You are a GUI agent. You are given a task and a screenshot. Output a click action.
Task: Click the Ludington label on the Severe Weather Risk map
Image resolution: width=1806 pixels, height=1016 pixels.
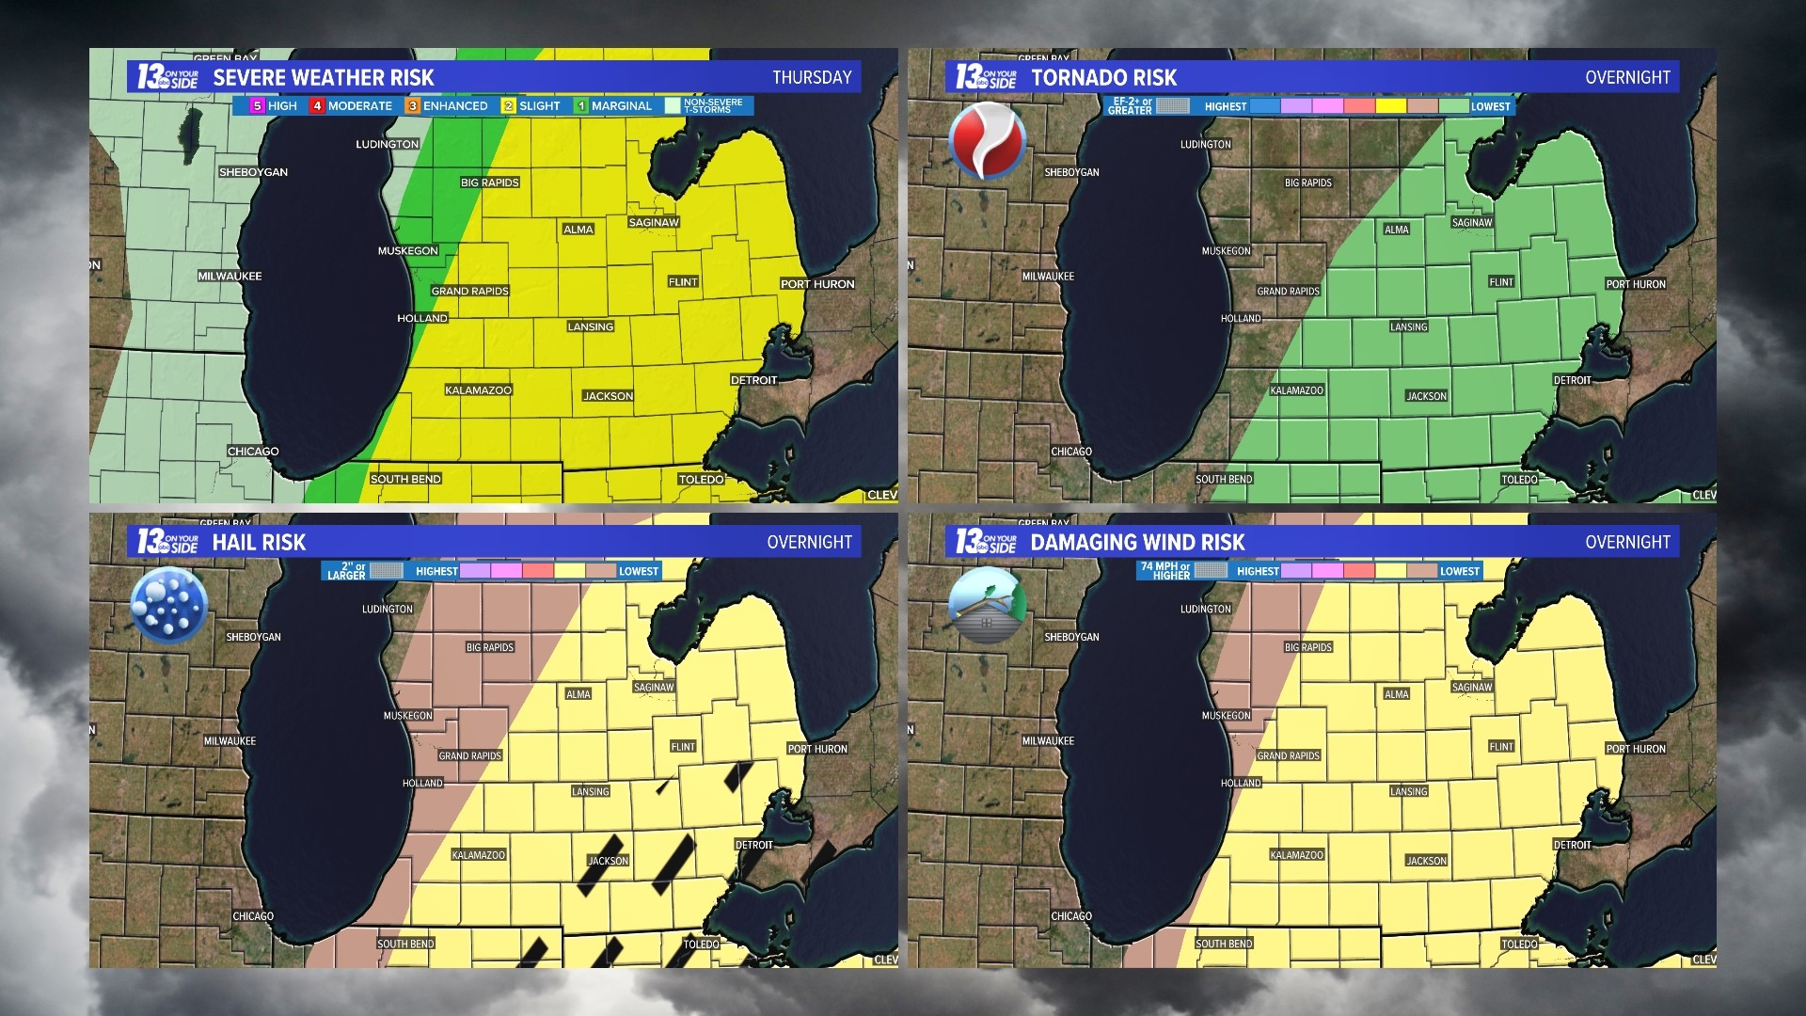click(x=387, y=144)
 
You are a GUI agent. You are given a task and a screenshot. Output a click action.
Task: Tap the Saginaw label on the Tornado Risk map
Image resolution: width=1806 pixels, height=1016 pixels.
click(x=1471, y=223)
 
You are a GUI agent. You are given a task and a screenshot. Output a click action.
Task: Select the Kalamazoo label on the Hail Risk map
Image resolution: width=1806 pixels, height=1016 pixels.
click(x=478, y=855)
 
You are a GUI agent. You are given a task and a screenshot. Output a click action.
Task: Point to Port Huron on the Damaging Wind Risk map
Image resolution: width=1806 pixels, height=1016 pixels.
click(x=1635, y=749)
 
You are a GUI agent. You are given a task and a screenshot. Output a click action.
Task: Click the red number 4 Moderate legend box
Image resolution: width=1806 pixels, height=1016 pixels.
click(x=318, y=106)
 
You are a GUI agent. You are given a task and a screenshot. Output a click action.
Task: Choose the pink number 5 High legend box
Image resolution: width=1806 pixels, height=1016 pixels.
click(x=257, y=106)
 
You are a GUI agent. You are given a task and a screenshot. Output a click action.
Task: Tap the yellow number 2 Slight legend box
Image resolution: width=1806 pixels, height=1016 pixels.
click(x=509, y=106)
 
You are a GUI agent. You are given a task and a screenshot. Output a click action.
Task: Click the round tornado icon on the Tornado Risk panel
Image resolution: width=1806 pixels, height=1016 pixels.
click(x=987, y=141)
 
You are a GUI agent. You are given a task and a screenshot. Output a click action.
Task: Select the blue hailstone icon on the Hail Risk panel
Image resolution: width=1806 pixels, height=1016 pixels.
click(x=168, y=606)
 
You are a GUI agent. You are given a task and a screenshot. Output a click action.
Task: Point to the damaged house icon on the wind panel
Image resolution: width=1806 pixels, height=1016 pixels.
click(x=986, y=604)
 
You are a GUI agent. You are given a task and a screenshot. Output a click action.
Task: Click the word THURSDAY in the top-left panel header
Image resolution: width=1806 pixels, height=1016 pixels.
click(x=812, y=77)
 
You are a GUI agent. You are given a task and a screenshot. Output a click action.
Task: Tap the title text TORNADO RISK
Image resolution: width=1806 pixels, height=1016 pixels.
click(x=1103, y=77)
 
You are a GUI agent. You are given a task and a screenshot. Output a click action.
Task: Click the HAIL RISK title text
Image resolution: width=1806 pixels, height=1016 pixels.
click(x=259, y=542)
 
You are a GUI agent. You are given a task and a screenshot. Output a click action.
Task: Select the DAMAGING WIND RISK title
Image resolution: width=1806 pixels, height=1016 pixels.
click(x=1137, y=542)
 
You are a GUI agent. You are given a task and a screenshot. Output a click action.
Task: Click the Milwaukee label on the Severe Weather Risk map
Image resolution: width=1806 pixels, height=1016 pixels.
click(x=230, y=277)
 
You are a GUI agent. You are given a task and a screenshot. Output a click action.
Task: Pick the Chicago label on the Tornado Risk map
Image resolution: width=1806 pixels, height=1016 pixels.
click(x=1071, y=452)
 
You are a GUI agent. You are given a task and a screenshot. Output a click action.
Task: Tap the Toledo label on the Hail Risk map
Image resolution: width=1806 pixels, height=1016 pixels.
click(x=701, y=944)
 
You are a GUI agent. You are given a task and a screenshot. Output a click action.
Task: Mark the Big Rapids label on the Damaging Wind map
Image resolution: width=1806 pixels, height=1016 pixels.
click(x=1307, y=647)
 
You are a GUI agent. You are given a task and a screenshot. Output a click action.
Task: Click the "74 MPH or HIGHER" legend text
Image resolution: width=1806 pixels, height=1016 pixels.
click(x=1165, y=571)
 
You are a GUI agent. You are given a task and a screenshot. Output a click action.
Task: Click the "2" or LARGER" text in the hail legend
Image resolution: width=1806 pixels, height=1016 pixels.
click(x=346, y=571)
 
